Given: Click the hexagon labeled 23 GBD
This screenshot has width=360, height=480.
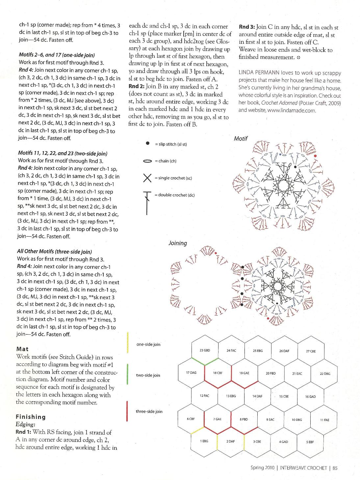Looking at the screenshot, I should [205, 350].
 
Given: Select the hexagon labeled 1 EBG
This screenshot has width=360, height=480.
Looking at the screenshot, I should [204, 441].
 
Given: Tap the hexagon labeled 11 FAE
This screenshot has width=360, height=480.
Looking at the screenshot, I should [324, 420].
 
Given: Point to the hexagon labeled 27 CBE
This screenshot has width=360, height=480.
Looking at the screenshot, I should [311, 351].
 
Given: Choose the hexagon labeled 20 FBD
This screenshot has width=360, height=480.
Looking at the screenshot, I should [271, 373].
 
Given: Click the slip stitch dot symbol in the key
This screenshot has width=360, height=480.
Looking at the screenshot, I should [148, 144].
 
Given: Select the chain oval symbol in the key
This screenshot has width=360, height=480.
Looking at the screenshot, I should [148, 161].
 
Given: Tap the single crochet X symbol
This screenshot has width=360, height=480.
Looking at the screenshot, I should [147, 178].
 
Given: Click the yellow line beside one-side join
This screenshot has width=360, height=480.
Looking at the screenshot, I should [127, 343].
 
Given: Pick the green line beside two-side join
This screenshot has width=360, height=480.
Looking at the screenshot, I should [127, 374].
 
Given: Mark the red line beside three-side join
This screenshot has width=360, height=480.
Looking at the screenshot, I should [127, 411].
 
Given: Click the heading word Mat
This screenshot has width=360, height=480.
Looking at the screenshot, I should [22, 349].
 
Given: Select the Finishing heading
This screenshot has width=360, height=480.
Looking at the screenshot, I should [31, 417].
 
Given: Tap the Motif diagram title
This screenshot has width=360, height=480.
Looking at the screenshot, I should [241, 139].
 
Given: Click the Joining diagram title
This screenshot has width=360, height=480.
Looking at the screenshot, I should [178, 243].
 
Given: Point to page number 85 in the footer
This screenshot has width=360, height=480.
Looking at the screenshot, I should [335, 468].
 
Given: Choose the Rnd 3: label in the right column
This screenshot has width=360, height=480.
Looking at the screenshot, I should [247, 27].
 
